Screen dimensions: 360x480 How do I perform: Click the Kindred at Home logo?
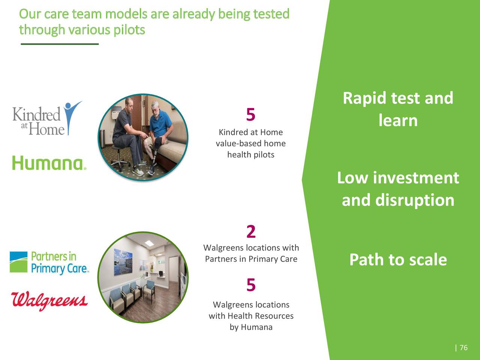(47, 119)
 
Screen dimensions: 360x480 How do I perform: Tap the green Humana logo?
(49, 163)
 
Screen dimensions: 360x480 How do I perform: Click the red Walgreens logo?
(49, 300)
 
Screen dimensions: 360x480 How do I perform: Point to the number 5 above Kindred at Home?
(250, 115)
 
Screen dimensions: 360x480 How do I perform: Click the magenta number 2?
(251, 232)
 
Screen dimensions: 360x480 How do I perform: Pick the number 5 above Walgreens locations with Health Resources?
(251, 285)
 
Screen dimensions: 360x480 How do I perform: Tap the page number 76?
(463, 348)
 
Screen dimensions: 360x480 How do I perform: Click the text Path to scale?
(398, 259)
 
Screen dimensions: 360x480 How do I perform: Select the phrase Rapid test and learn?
(398, 109)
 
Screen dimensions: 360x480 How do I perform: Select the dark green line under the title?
(60, 44)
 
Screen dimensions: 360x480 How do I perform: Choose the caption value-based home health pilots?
(250, 144)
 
